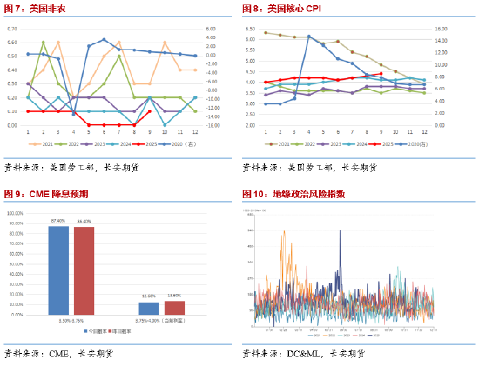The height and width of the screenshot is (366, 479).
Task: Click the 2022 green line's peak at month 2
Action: coord(44,42)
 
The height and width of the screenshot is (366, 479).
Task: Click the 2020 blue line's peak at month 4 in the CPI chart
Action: coord(309,37)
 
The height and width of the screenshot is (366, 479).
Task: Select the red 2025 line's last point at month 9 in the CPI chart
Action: coord(381,73)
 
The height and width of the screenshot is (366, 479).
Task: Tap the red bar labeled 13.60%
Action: coord(174,307)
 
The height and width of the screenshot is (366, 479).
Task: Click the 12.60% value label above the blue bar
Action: coord(148,296)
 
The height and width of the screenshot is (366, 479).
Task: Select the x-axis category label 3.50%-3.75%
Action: coord(71,321)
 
